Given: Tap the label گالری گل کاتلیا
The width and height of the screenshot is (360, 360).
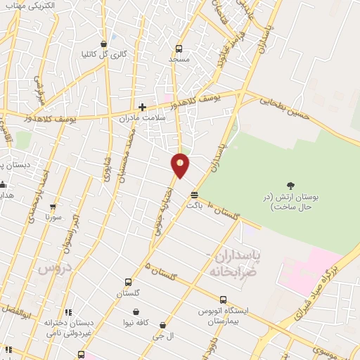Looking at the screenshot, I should [x=103, y=53].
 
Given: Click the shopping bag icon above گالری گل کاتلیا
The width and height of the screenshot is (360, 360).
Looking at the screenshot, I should [x=103, y=42].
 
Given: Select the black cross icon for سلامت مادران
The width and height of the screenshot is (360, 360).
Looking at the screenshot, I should [x=142, y=108].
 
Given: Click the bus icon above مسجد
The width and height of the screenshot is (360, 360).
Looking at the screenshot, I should [x=179, y=49].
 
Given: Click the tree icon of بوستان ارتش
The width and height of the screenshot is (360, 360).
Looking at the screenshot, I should [x=291, y=185].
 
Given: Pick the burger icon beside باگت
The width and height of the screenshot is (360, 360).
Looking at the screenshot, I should [x=194, y=195].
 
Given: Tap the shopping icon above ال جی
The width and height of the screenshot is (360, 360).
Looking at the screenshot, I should [x=164, y=326].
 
